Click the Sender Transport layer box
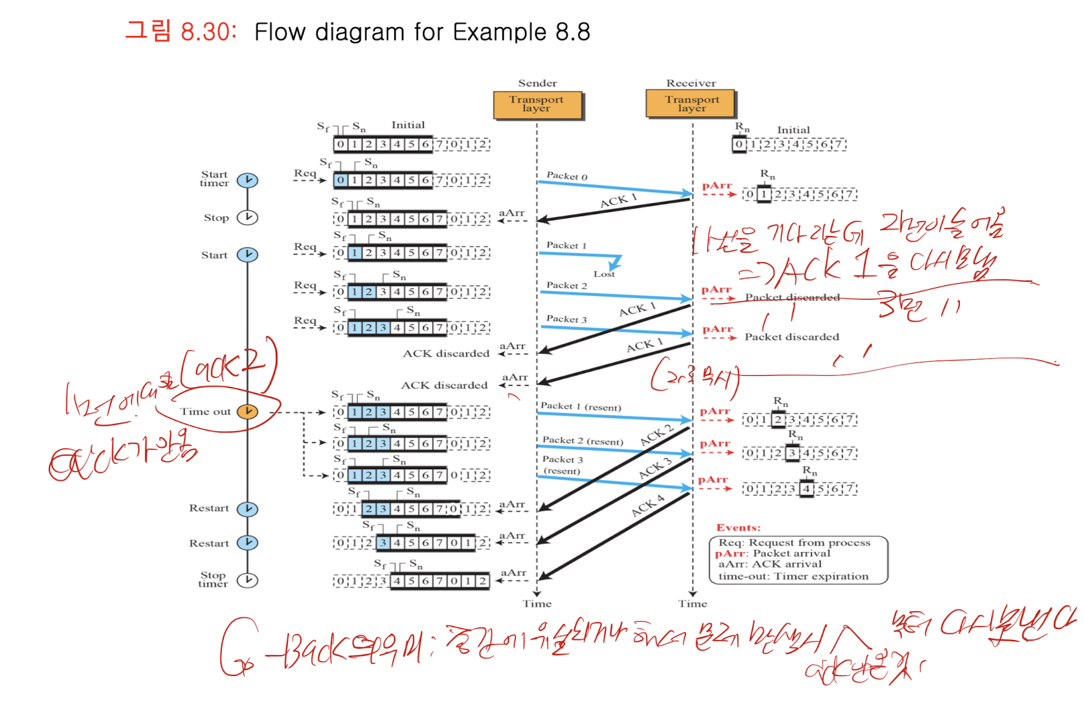pos(537,104)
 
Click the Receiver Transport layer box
pos(691,104)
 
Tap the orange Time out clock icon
pos(247,411)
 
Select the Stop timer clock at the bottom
pos(247,580)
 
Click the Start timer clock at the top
pos(247,180)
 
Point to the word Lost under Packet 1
pos(604,274)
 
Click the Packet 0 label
pos(566,176)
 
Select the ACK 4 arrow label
pos(648,505)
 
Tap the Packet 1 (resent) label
pos(580,406)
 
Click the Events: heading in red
pos(738,528)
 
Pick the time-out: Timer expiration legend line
pos(793,576)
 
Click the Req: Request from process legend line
pos(794,542)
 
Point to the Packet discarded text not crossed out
pos(792,337)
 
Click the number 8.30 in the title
pos(208,32)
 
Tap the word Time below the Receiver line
pos(692,603)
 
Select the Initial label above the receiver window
pos(793,130)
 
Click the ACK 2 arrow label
pos(656,435)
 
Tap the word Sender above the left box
pos(537,83)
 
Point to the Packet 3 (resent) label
pos(562,465)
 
